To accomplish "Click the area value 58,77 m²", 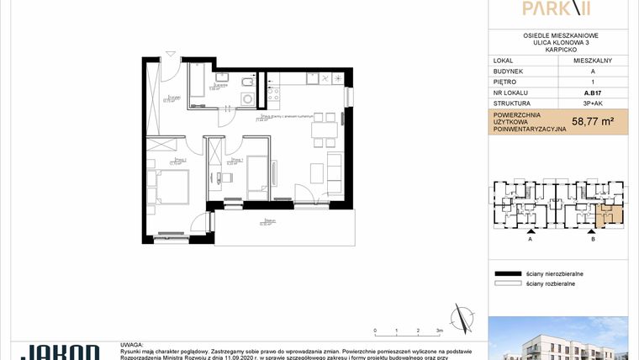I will click(x=592, y=121).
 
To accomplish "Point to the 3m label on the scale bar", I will click(x=439, y=331).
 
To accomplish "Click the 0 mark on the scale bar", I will click(x=375, y=331).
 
